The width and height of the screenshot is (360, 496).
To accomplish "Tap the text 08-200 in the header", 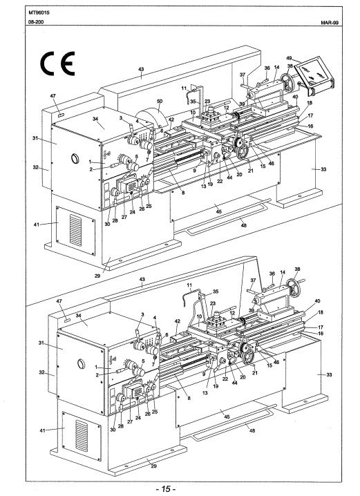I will point(37,22).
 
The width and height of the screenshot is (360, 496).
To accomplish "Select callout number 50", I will point(160,102).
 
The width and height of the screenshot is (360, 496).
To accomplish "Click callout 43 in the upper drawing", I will point(141,70).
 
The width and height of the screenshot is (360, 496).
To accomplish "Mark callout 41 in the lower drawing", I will point(42,430).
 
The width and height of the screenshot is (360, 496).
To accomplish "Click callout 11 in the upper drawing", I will point(184,88).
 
